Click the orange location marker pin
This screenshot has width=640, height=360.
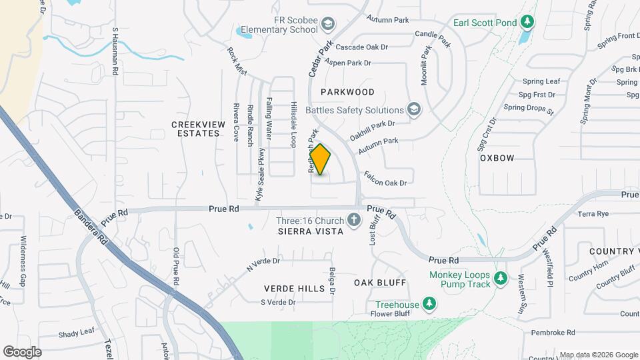[321, 159]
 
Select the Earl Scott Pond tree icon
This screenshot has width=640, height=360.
[527, 23]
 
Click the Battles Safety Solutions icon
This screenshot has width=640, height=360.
[414, 110]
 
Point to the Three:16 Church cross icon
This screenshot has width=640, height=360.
[354, 220]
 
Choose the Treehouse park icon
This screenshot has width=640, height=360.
[430, 305]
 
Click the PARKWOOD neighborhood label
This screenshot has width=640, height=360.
[347, 92]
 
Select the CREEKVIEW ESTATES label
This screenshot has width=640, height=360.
[195, 129]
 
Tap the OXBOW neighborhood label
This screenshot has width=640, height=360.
[497, 158]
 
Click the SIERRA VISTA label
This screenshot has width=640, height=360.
[311, 231]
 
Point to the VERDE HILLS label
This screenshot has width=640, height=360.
[294, 289]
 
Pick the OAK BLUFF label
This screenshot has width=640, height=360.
[380, 283]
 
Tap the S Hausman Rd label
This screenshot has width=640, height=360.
[115, 50]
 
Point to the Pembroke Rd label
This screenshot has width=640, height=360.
[553, 332]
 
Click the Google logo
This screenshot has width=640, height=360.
[22, 352]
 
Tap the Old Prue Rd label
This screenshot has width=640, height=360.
[177, 267]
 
